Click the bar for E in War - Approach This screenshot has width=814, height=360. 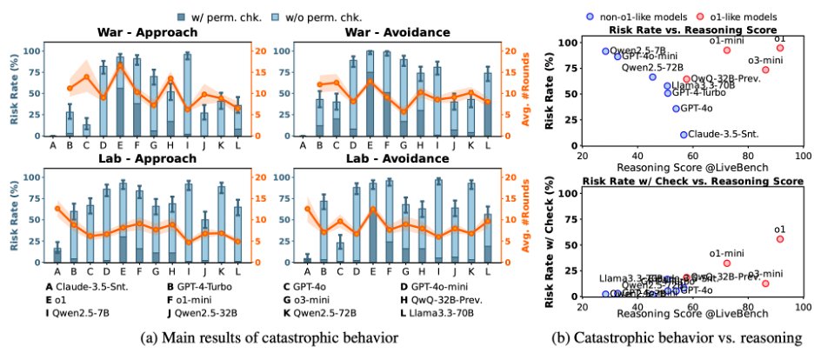coord(120,97)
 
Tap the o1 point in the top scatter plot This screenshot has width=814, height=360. coord(779,48)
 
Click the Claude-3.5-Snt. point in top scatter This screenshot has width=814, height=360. coord(684,134)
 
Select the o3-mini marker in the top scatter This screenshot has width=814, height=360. coord(765,70)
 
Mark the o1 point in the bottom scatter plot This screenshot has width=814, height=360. coord(779,238)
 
